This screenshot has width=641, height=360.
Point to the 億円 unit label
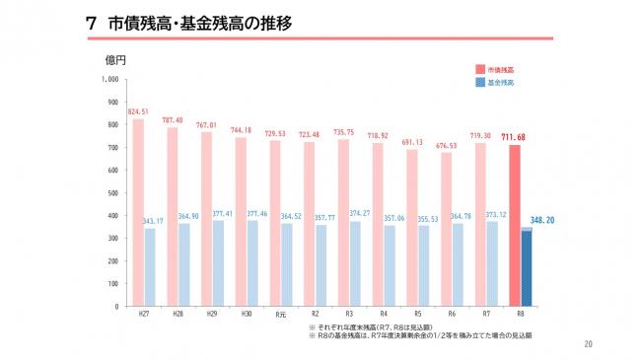(116, 60)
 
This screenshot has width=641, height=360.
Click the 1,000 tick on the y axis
(109, 79)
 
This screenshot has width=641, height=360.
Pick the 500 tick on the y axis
(112, 192)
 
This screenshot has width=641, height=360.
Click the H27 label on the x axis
(144, 314)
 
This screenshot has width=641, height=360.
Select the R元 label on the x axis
(280, 314)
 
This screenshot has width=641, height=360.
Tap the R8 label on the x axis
(520, 314)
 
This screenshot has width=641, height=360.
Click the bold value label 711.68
(514, 136)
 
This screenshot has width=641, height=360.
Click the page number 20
(589, 344)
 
